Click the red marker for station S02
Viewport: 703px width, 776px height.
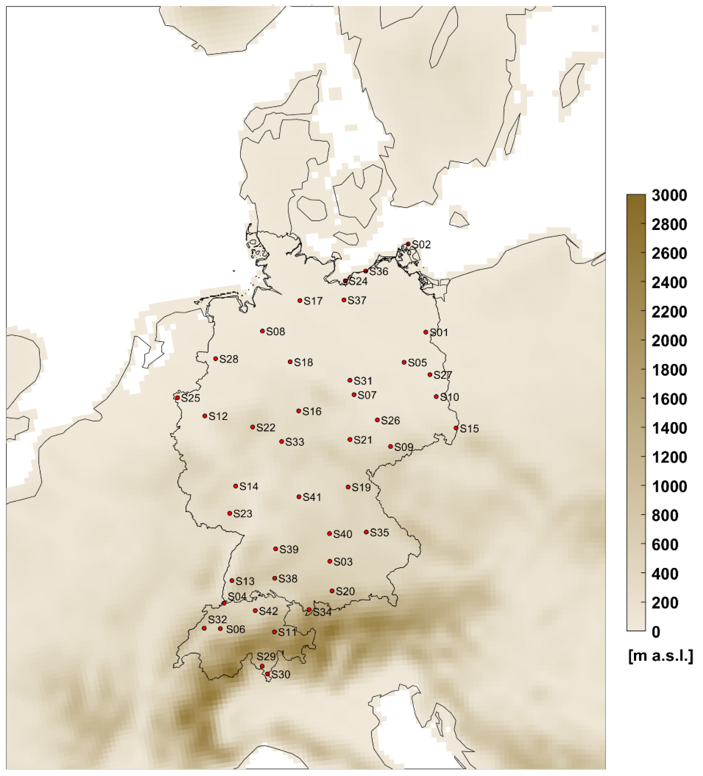click(408, 244)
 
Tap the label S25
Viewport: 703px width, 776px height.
click(190, 398)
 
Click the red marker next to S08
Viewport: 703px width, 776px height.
click(262, 331)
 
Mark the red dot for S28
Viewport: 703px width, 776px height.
click(216, 359)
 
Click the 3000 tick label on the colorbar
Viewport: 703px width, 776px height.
click(669, 195)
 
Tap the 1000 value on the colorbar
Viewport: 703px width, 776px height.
click(669, 487)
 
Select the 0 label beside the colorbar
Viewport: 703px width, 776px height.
click(656, 632)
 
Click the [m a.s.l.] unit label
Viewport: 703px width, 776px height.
click(660, 656)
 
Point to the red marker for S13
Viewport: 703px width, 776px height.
click(232, 581)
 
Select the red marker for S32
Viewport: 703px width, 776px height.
click(204, 628)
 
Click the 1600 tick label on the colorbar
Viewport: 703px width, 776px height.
click(669, 399)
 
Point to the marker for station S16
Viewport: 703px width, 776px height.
click(299, 411)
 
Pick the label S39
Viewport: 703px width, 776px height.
click(289, 550)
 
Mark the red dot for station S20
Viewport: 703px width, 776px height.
click(332, 591)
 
